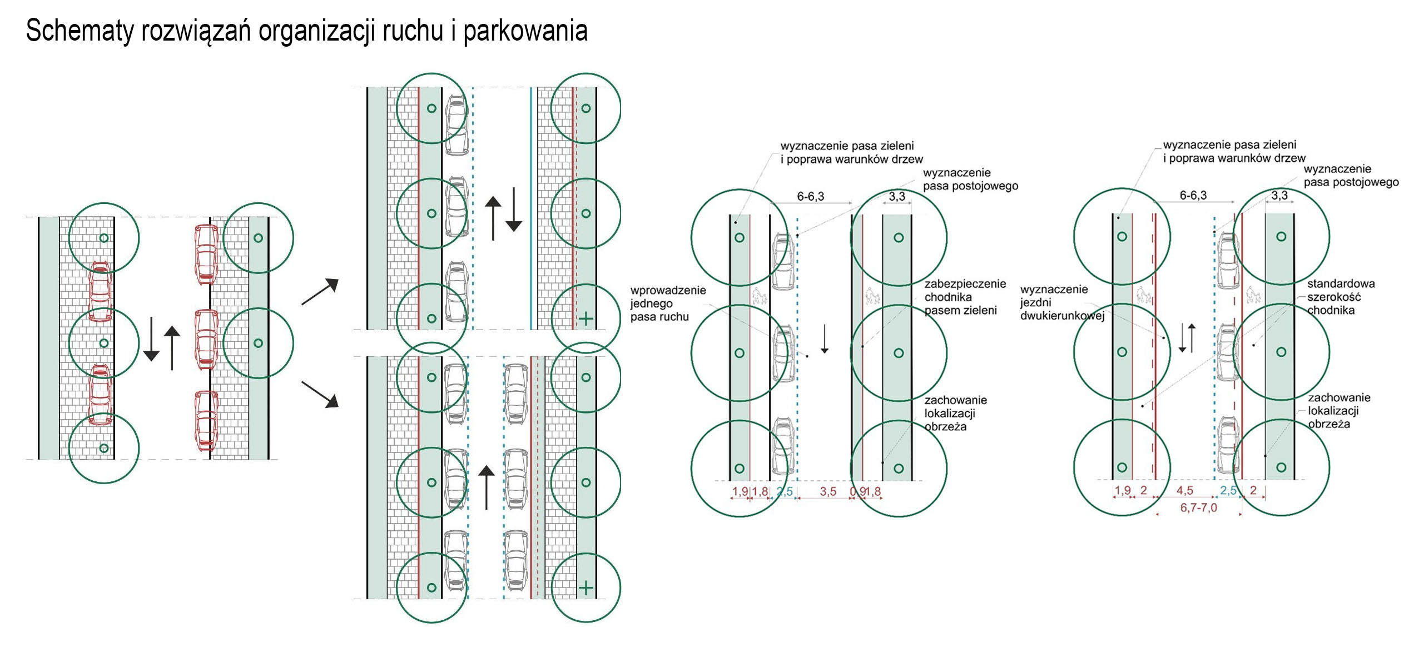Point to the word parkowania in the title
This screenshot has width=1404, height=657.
[525, 31]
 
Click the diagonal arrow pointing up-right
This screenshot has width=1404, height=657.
[320, 291]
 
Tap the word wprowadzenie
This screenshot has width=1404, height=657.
[668, 290]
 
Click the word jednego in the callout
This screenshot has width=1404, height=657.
[651, 303]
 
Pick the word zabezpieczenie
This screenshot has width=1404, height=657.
[965, 284]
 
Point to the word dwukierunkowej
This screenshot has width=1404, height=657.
[1062, 316]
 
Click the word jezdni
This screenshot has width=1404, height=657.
[1035, 302]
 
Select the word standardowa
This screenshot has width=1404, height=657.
[1341, 283]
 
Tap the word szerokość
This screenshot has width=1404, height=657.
[1334, 297]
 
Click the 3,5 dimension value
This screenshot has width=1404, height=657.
[828, 491]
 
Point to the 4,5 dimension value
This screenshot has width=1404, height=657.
[1184, 490]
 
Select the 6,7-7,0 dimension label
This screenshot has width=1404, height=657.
[1198, 507]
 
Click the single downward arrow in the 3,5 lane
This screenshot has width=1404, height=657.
[825, 339]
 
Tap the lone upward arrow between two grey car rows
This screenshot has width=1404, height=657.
[487, 487]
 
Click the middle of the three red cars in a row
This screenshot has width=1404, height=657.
[206, 339]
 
